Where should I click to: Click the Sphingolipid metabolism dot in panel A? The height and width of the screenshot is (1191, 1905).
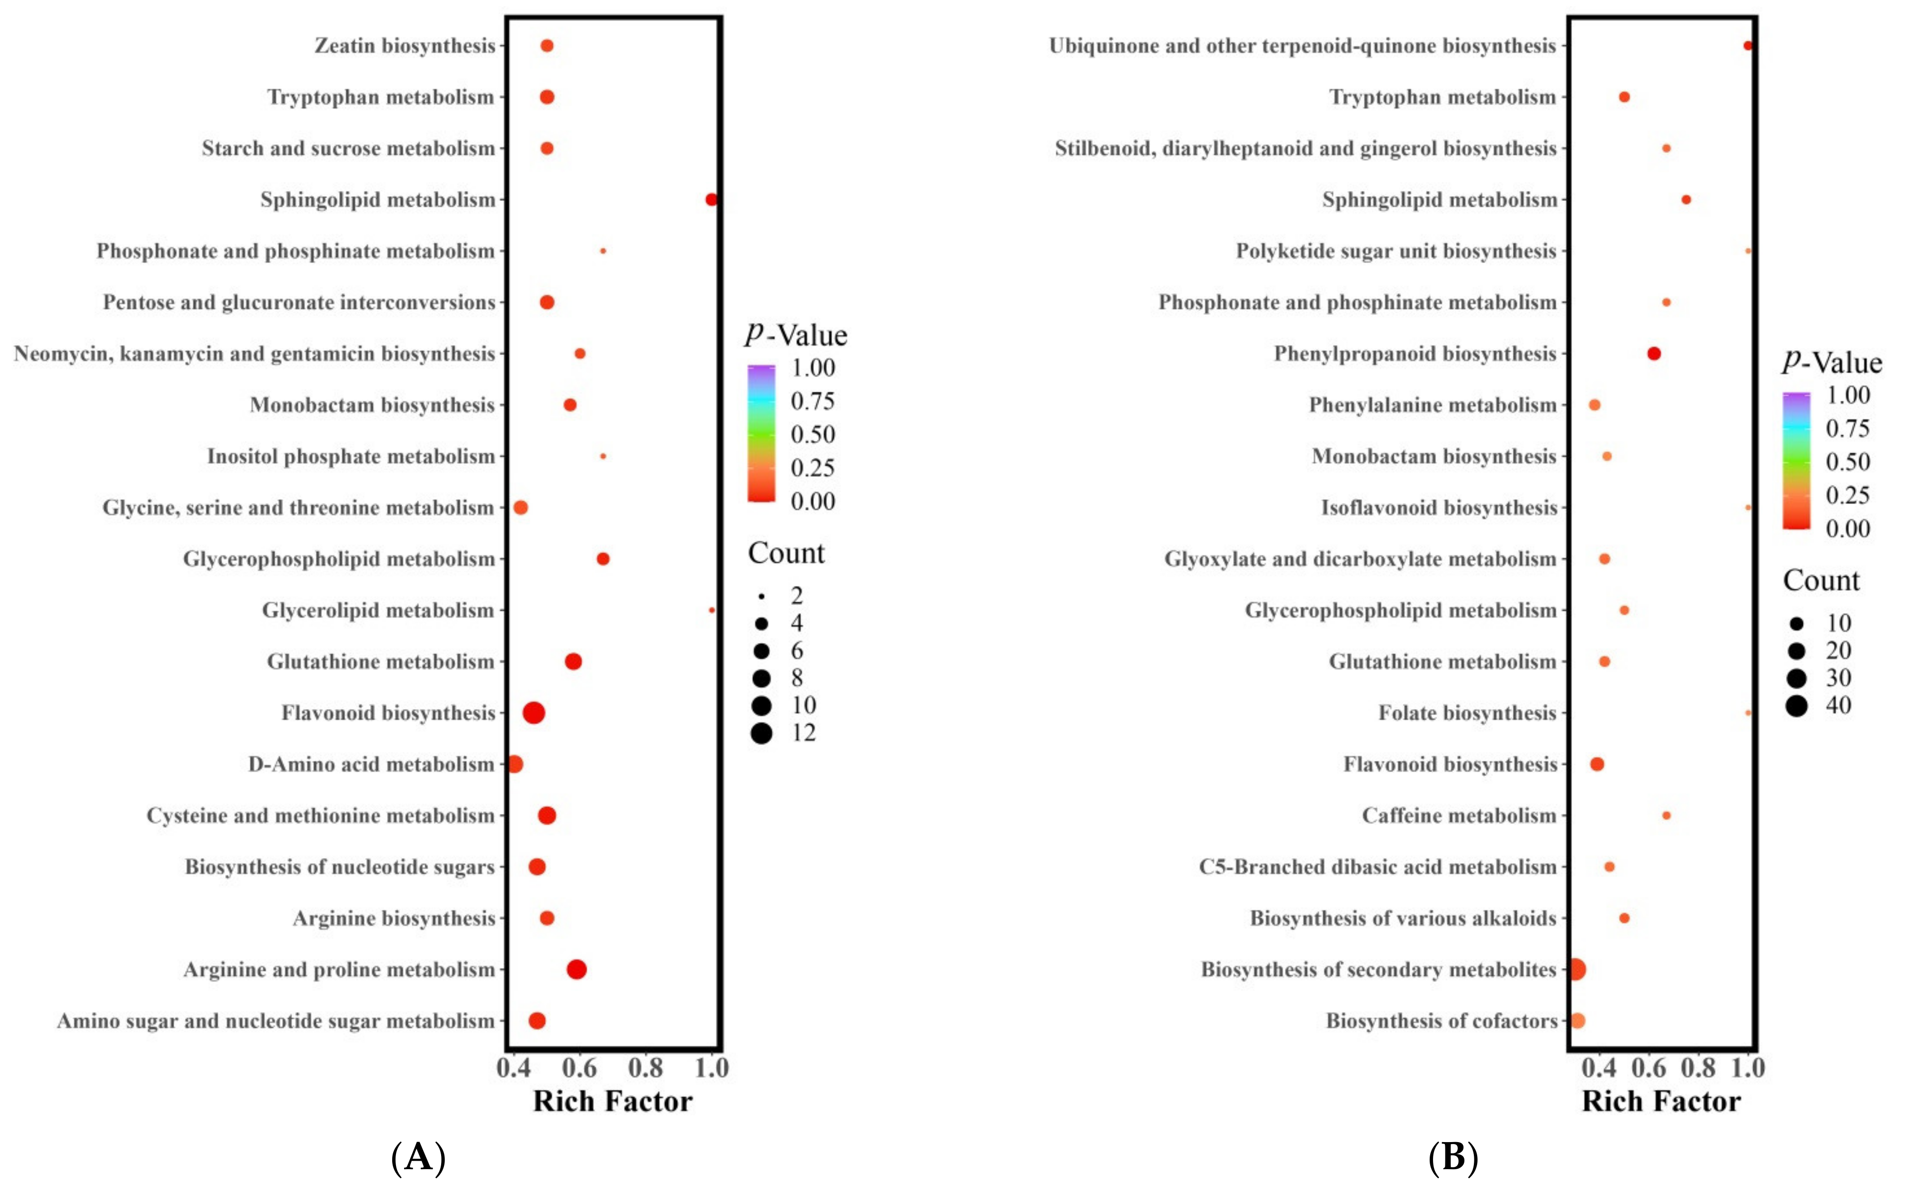point(711,199)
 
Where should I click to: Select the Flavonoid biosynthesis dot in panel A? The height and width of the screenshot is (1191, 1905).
point(534,713)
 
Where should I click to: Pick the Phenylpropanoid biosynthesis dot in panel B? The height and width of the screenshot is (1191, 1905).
point(1654,354)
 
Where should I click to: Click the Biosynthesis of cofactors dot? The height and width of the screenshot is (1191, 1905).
point(1576,1021)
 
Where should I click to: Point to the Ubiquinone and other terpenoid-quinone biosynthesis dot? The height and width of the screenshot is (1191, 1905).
point(1747,46)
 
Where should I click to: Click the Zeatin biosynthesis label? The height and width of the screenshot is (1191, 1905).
point(405,46)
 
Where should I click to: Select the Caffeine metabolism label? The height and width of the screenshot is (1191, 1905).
point(1459,815)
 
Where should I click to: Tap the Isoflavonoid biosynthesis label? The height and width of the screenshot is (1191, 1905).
point(1439,507)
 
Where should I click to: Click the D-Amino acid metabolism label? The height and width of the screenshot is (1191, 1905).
point(371,764)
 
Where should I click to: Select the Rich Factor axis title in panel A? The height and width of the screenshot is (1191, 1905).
point(613,1101)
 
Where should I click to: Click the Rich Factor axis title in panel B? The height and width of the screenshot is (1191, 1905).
point(1661,1101)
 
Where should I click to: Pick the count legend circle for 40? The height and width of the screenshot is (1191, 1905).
point(1796,706)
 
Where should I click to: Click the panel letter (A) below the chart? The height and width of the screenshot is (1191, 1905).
point(418,1157)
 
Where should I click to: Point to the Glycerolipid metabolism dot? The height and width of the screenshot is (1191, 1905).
point(711,611)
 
